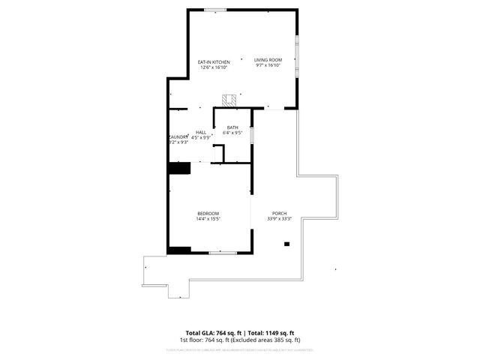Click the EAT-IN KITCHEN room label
click(x=213, y=61)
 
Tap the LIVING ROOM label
click(x=268, y=60)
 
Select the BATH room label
click(x=232, y=127)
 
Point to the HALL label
click(x=201, y=133)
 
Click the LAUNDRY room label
click(x=178, y=136)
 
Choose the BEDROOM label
click(x=208, y=214)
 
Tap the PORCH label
click(x=279, y=214)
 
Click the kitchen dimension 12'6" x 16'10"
click(x=213, y=67)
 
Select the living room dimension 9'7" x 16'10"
click(x=268, y=65)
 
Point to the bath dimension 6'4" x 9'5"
click(x=232, y=133)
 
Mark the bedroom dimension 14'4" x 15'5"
click(x=208, y=219)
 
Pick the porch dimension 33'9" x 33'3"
click(x=279, y=219)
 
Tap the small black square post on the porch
click(x=286, y=244)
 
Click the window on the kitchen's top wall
click(x=215, y=10)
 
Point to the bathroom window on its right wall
click(x=252, y=134)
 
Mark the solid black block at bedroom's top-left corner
click(x=179, y=168)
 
